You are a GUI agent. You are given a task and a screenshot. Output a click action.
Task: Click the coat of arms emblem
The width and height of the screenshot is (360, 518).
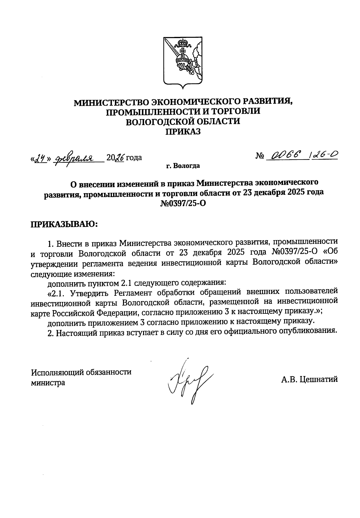(182, 63)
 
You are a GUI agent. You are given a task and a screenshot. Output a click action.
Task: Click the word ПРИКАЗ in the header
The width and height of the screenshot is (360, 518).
(183, 132)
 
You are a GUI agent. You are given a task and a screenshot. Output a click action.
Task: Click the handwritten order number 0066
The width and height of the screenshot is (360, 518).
(285, 155)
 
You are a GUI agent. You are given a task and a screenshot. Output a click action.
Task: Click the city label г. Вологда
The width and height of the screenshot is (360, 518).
(183, 166)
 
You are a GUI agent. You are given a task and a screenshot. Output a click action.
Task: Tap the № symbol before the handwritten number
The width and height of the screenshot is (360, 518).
(260, 156)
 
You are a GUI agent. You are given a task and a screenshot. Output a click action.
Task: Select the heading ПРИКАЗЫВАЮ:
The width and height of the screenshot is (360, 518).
(64, 225)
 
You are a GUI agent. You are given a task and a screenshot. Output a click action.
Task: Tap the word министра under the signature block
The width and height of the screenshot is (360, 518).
(48, 383)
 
